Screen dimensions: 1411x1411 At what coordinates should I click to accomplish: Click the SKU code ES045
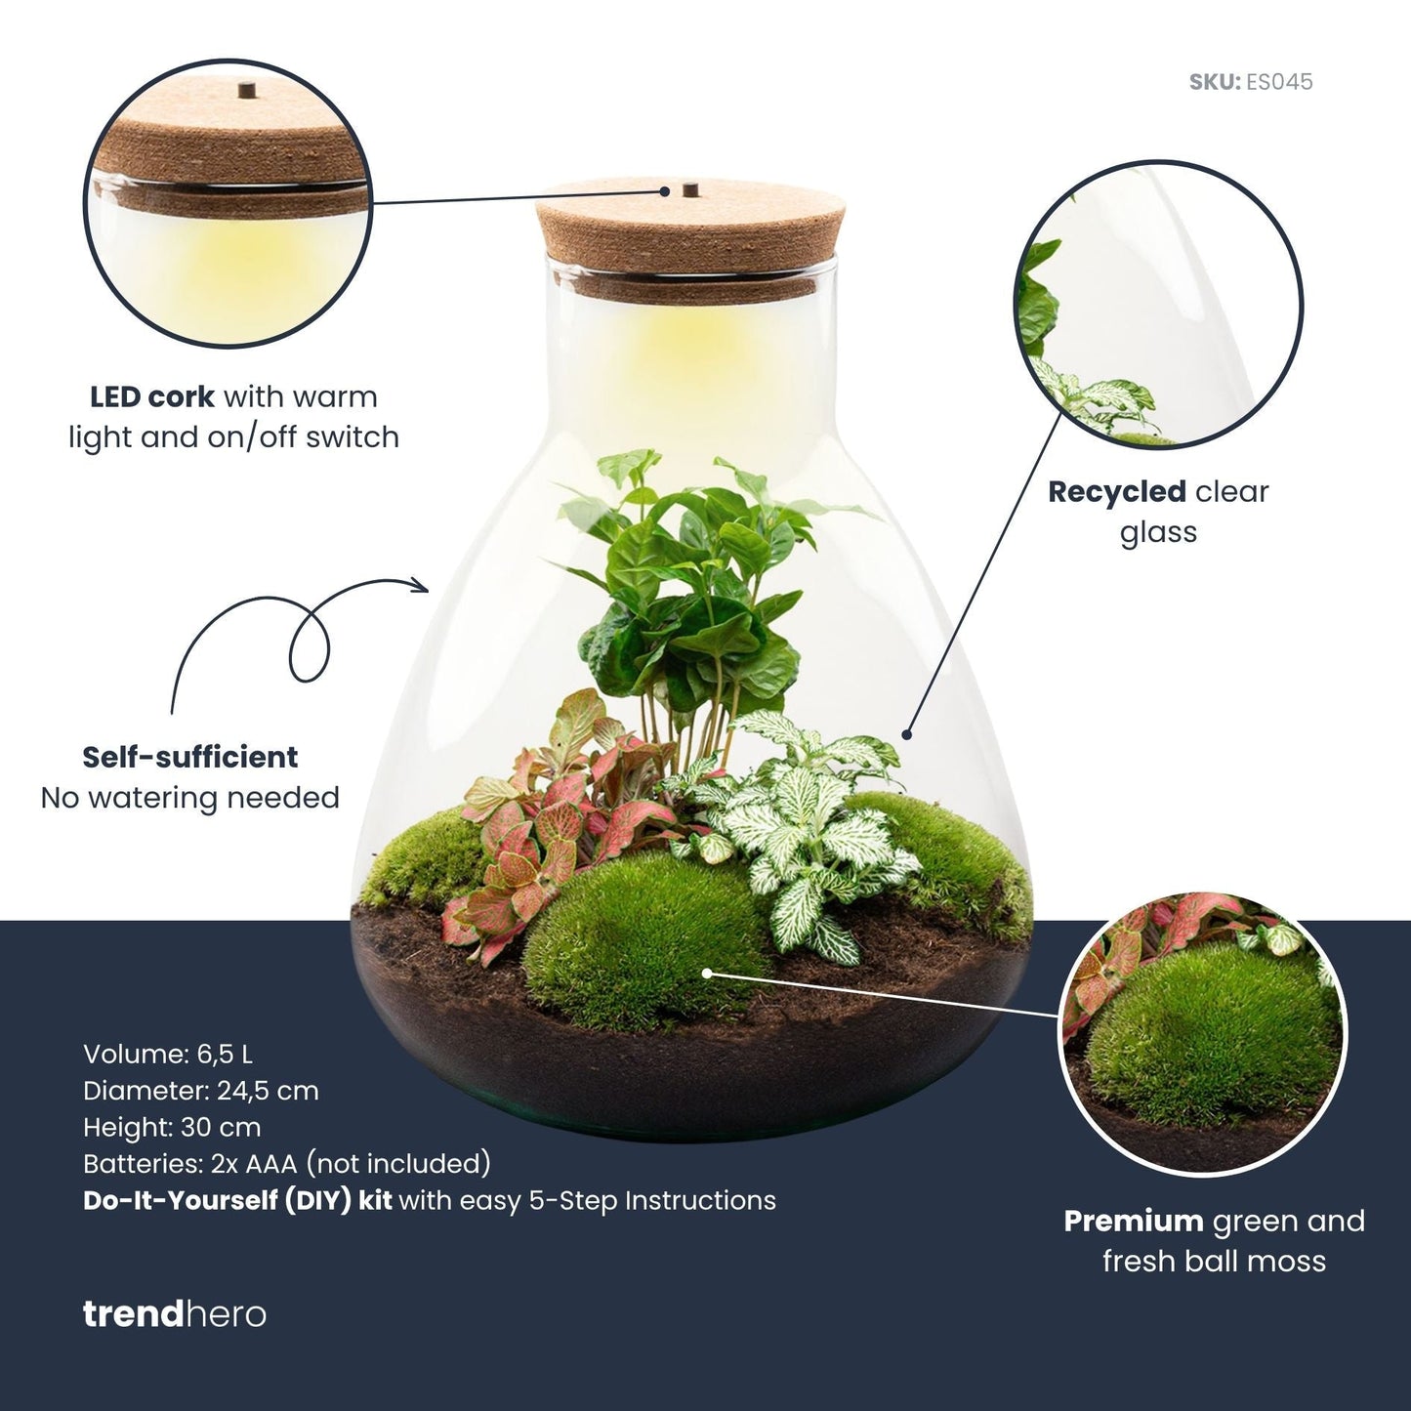tap(1279, 82)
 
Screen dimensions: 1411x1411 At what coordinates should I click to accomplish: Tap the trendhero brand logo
tap(174, 1314)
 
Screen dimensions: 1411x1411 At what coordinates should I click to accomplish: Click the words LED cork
tap(152, 397)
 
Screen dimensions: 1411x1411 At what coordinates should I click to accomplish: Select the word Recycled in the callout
tap(1116, 492)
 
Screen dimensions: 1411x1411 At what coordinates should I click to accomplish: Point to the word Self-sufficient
tap(190, 758)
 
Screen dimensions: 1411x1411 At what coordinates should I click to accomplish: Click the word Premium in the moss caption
tap(1133, 1222)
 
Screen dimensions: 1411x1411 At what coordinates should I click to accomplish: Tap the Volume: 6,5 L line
tap(168, 1055)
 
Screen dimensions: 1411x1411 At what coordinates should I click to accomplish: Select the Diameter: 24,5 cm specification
tap(201, 1091)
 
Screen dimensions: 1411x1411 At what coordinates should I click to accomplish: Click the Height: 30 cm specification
tap(172, 1127)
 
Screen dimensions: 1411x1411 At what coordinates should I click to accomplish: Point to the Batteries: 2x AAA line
tap(287, 1164)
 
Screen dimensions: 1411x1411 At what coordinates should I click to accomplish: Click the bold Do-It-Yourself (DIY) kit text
tap(237, 1200)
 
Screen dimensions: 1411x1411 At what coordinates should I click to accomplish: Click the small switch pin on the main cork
tap(689, 187)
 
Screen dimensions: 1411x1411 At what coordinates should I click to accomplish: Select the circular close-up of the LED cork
tap(228, 203)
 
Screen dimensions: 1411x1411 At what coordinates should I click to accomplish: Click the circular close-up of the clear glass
tap(1159, 305)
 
